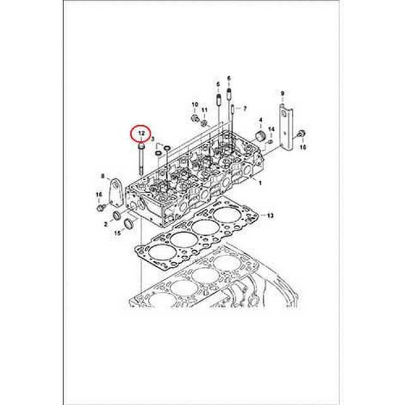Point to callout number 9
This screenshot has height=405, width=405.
282,94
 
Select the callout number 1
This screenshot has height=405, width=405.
260,182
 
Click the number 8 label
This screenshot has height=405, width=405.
103,176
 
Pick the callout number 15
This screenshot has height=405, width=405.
118,233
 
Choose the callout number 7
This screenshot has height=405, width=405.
245,109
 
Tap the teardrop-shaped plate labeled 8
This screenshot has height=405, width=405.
116,193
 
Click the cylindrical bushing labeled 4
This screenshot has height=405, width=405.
262,136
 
